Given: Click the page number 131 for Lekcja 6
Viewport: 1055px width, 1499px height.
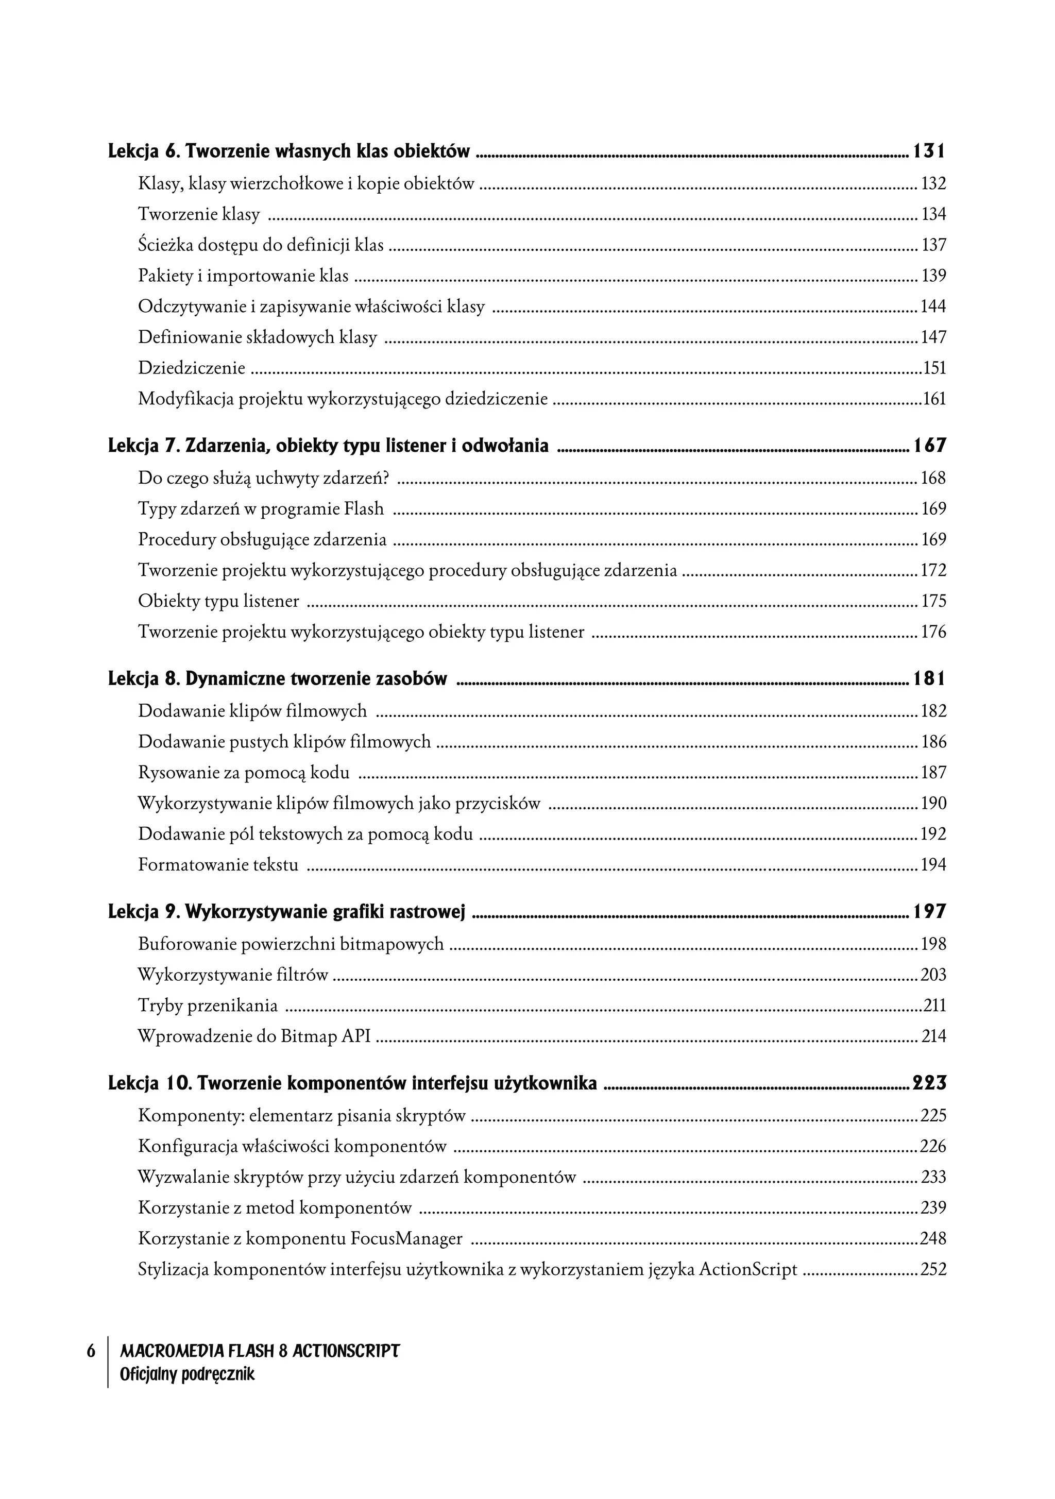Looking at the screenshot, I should (928, 151).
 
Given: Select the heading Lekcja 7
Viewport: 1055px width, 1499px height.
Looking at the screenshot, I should (328, 447).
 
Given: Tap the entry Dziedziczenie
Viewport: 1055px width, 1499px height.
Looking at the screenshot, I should (191, 368).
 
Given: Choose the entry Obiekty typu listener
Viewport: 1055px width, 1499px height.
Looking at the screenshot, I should (218, 601).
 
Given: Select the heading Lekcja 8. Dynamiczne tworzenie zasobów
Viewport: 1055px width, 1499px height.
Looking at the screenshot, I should (278, 679).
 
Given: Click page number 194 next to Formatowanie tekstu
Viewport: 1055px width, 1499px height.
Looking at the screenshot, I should (933, 865).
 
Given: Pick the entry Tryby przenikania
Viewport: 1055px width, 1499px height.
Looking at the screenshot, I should (208, 1006).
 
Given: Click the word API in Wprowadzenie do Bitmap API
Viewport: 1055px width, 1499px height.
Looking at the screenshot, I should (356, 1036).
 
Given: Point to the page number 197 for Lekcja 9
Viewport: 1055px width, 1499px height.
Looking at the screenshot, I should (928, 912).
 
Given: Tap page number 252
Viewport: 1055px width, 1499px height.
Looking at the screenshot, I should (933, 1269).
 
